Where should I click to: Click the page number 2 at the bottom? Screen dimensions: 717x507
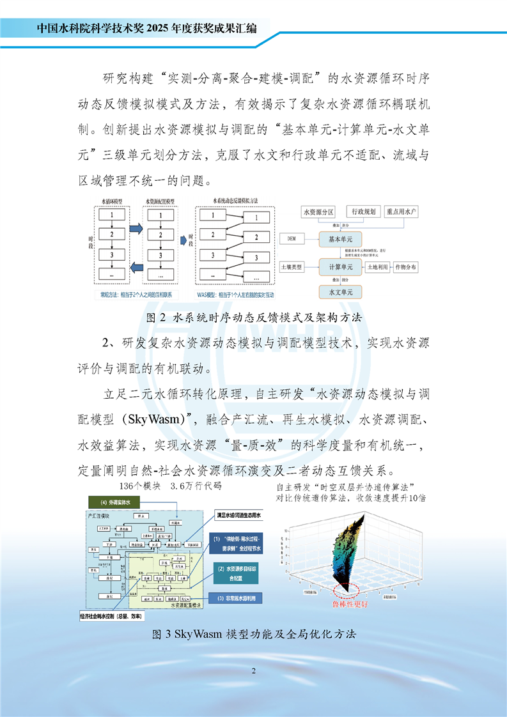coord(254,670)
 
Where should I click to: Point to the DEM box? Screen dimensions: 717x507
coord(292,239)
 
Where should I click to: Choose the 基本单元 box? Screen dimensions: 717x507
coord(340,239)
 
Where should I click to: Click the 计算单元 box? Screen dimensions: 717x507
coord(340,266)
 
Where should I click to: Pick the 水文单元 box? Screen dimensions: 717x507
coord(340,292)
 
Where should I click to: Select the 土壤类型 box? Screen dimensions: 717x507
coord(295,266)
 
